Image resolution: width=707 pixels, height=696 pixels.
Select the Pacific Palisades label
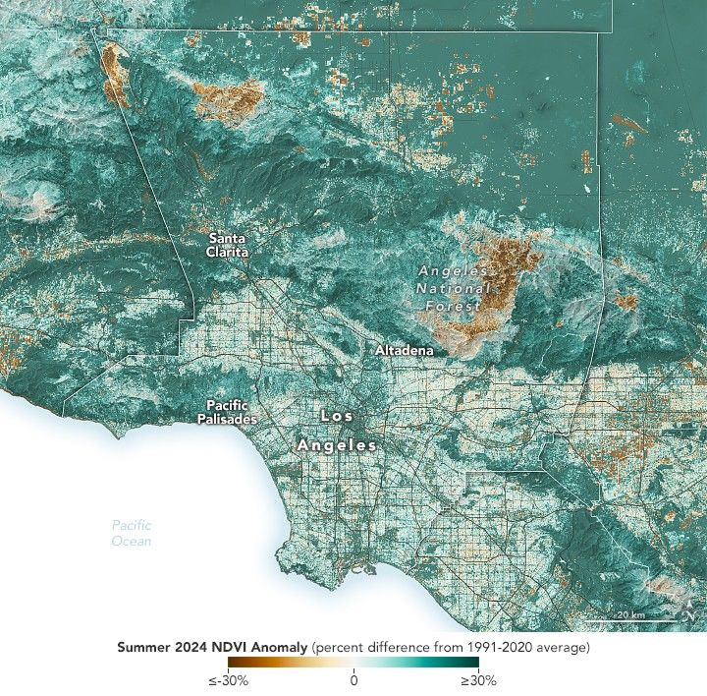point(232,412)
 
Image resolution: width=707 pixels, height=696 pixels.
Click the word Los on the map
point(338,417)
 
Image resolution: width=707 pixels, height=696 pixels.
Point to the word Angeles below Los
point(338,446)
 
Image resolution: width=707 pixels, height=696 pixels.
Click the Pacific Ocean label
point(131,533)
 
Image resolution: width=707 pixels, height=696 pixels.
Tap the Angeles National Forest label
point(453,288)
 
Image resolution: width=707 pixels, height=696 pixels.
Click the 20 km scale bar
point(628,620)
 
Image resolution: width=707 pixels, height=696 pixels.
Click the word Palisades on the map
point(232,420)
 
